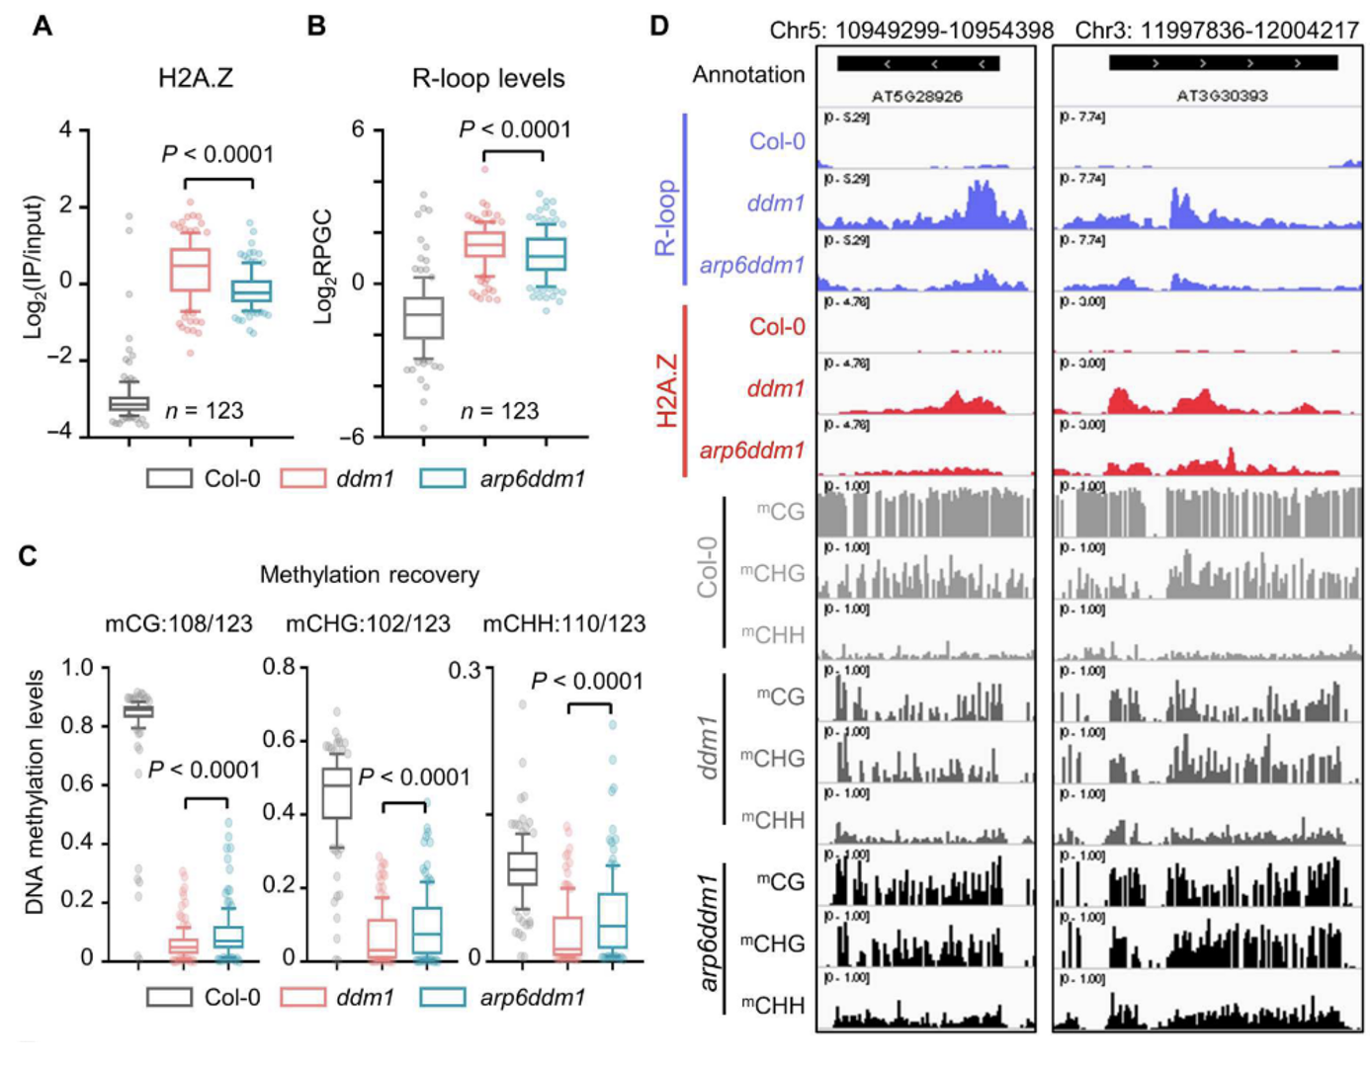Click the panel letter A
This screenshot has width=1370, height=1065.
click(x=42, y=25)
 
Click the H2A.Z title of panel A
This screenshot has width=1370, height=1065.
click(x=196, y=78)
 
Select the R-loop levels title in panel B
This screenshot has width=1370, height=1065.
click(x=488, y=79)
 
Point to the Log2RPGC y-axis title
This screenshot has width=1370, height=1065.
click(x=323, y=268)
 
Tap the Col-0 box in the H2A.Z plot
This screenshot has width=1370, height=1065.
click(x=128, y=403)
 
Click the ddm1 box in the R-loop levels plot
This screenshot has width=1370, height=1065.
click(x=484, y=244)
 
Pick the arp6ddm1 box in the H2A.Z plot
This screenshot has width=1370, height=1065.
click(x=251, y=290)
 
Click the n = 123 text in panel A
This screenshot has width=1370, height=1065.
click(x=204, y=411)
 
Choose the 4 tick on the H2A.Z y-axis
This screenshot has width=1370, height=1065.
click(x=65, y=129)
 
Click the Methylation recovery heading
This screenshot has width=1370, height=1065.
click(x=369, y=575)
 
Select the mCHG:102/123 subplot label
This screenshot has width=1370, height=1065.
click(x=368, y=624)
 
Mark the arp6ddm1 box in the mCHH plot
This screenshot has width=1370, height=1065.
click(x=613, y=921)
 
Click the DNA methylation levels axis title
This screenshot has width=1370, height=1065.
click(x=36, y=792)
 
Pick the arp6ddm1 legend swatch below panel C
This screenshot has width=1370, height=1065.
click(x=442, y=997)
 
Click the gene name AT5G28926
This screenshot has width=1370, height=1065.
click(x=916, y=96)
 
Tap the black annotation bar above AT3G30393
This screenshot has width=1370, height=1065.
click(x=1223, y=63)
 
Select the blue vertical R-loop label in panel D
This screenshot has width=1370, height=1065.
click(x=666, y=217)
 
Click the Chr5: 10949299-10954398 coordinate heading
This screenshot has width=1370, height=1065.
click(x=911, y=31)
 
